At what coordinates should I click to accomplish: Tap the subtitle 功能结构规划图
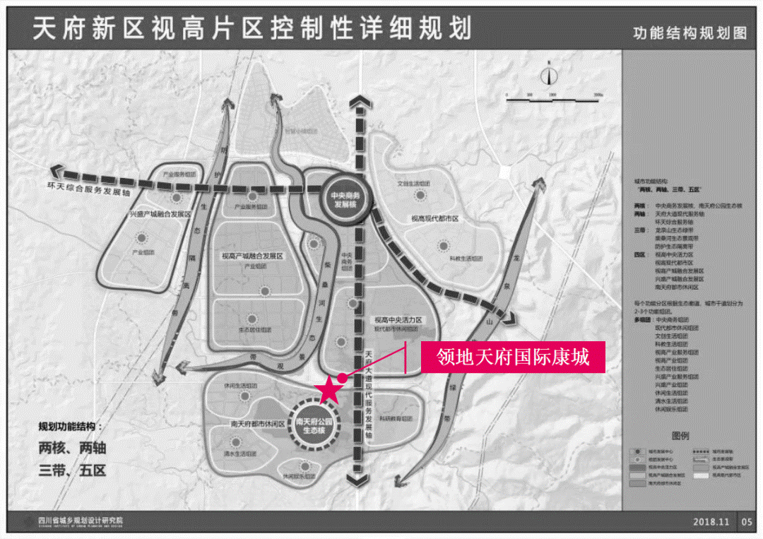689,33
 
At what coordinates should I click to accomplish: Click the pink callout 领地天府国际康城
513,357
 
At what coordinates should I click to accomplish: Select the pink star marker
329,389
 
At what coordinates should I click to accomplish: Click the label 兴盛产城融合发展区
160,213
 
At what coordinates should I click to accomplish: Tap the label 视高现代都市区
435,219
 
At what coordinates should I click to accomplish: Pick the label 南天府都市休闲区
257,425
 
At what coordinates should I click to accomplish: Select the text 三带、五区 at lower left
72,470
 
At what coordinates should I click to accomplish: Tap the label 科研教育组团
396,418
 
